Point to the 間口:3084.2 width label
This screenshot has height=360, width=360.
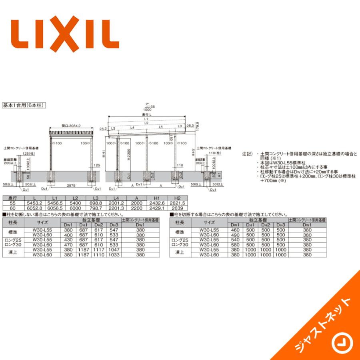point(72,126)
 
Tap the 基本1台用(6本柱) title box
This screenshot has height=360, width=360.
point(25,106)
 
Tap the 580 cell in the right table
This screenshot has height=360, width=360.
point(235,245)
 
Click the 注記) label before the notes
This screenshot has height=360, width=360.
point(248,153)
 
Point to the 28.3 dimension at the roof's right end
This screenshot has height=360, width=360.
point(191,125)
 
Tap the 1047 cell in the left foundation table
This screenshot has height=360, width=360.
point(113,250)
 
